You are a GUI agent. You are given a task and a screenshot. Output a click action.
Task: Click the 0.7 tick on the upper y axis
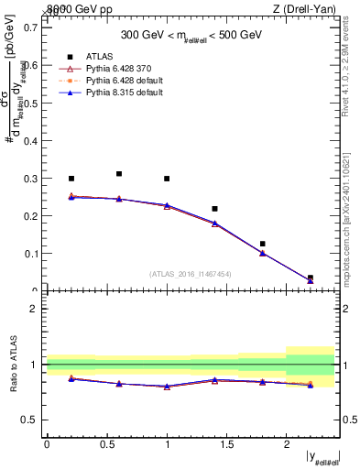[33, 27]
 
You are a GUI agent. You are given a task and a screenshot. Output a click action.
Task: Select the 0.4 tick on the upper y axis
[33, 140]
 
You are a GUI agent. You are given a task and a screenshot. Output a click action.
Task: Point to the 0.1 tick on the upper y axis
[33, 254]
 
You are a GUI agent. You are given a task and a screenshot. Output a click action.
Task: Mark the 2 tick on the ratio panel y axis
[37, 309]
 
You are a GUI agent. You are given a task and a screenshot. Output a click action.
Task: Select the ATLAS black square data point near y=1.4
[214, 209]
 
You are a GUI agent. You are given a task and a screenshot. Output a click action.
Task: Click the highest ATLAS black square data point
[119, 173]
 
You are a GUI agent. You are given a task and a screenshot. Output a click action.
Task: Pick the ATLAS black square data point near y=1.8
[262, 244]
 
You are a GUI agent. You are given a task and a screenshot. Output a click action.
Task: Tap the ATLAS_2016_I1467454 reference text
[190, 273]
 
